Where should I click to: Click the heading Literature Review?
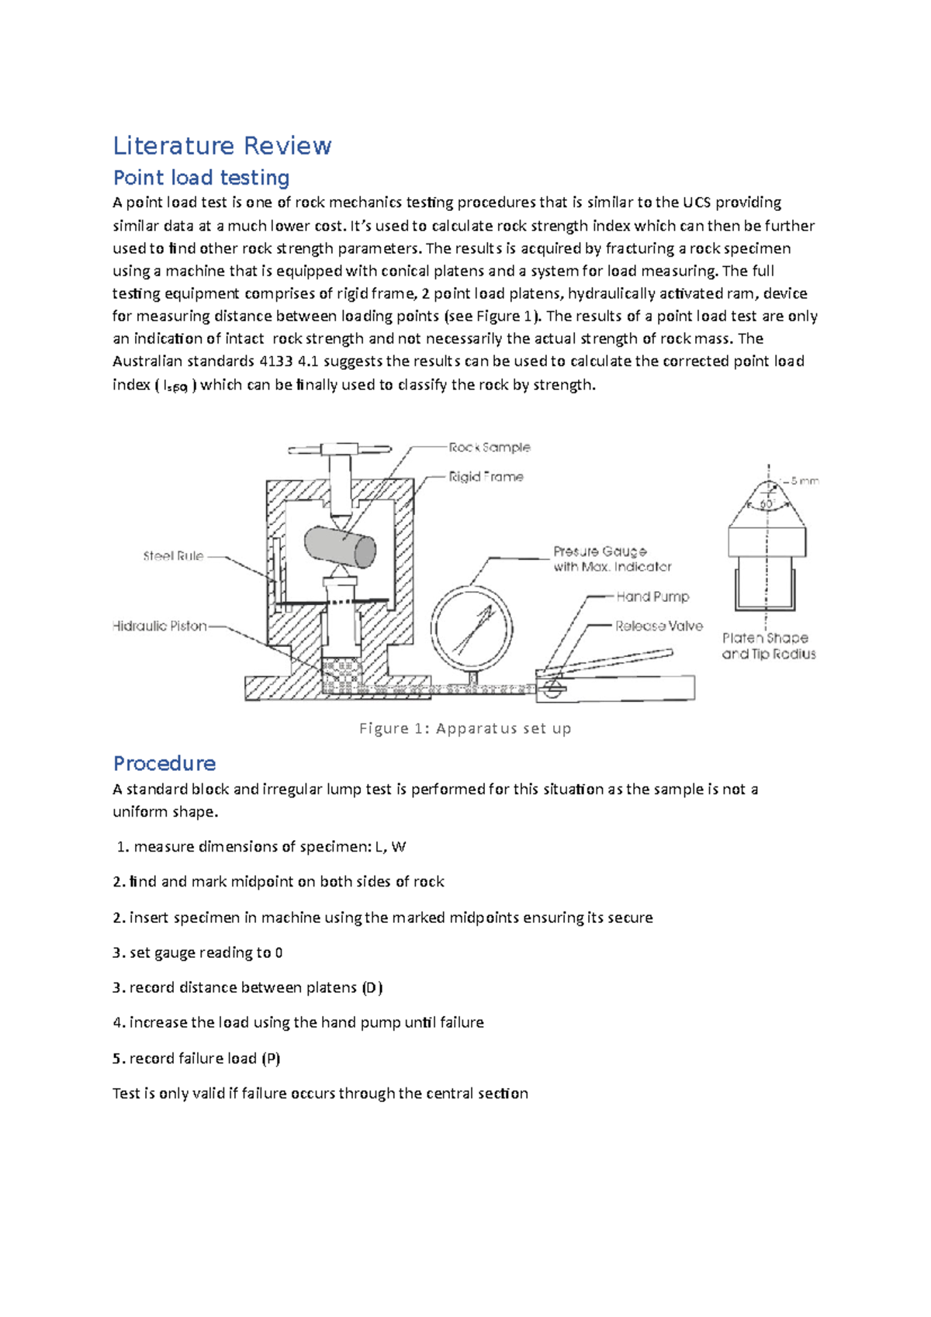coord(222,146)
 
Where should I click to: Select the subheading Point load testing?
coord(201,178)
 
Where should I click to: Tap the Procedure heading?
coord(164,763)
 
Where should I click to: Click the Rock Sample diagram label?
coord(490,448)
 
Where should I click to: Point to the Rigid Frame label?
coord(486,477)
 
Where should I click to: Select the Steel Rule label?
coord(173,556)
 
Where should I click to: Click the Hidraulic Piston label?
coord(159,626)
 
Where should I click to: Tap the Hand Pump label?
coord(652,596)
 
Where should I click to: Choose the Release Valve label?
coord(659,626)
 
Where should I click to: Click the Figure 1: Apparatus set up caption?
coord(465,728)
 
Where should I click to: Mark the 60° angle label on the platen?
coord(767,504)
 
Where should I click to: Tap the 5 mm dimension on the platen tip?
coord(804,481)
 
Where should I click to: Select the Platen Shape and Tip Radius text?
coord(768,646)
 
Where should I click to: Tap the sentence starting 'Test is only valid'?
coord(320,1094)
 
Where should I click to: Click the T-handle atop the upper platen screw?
coord(339,449)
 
